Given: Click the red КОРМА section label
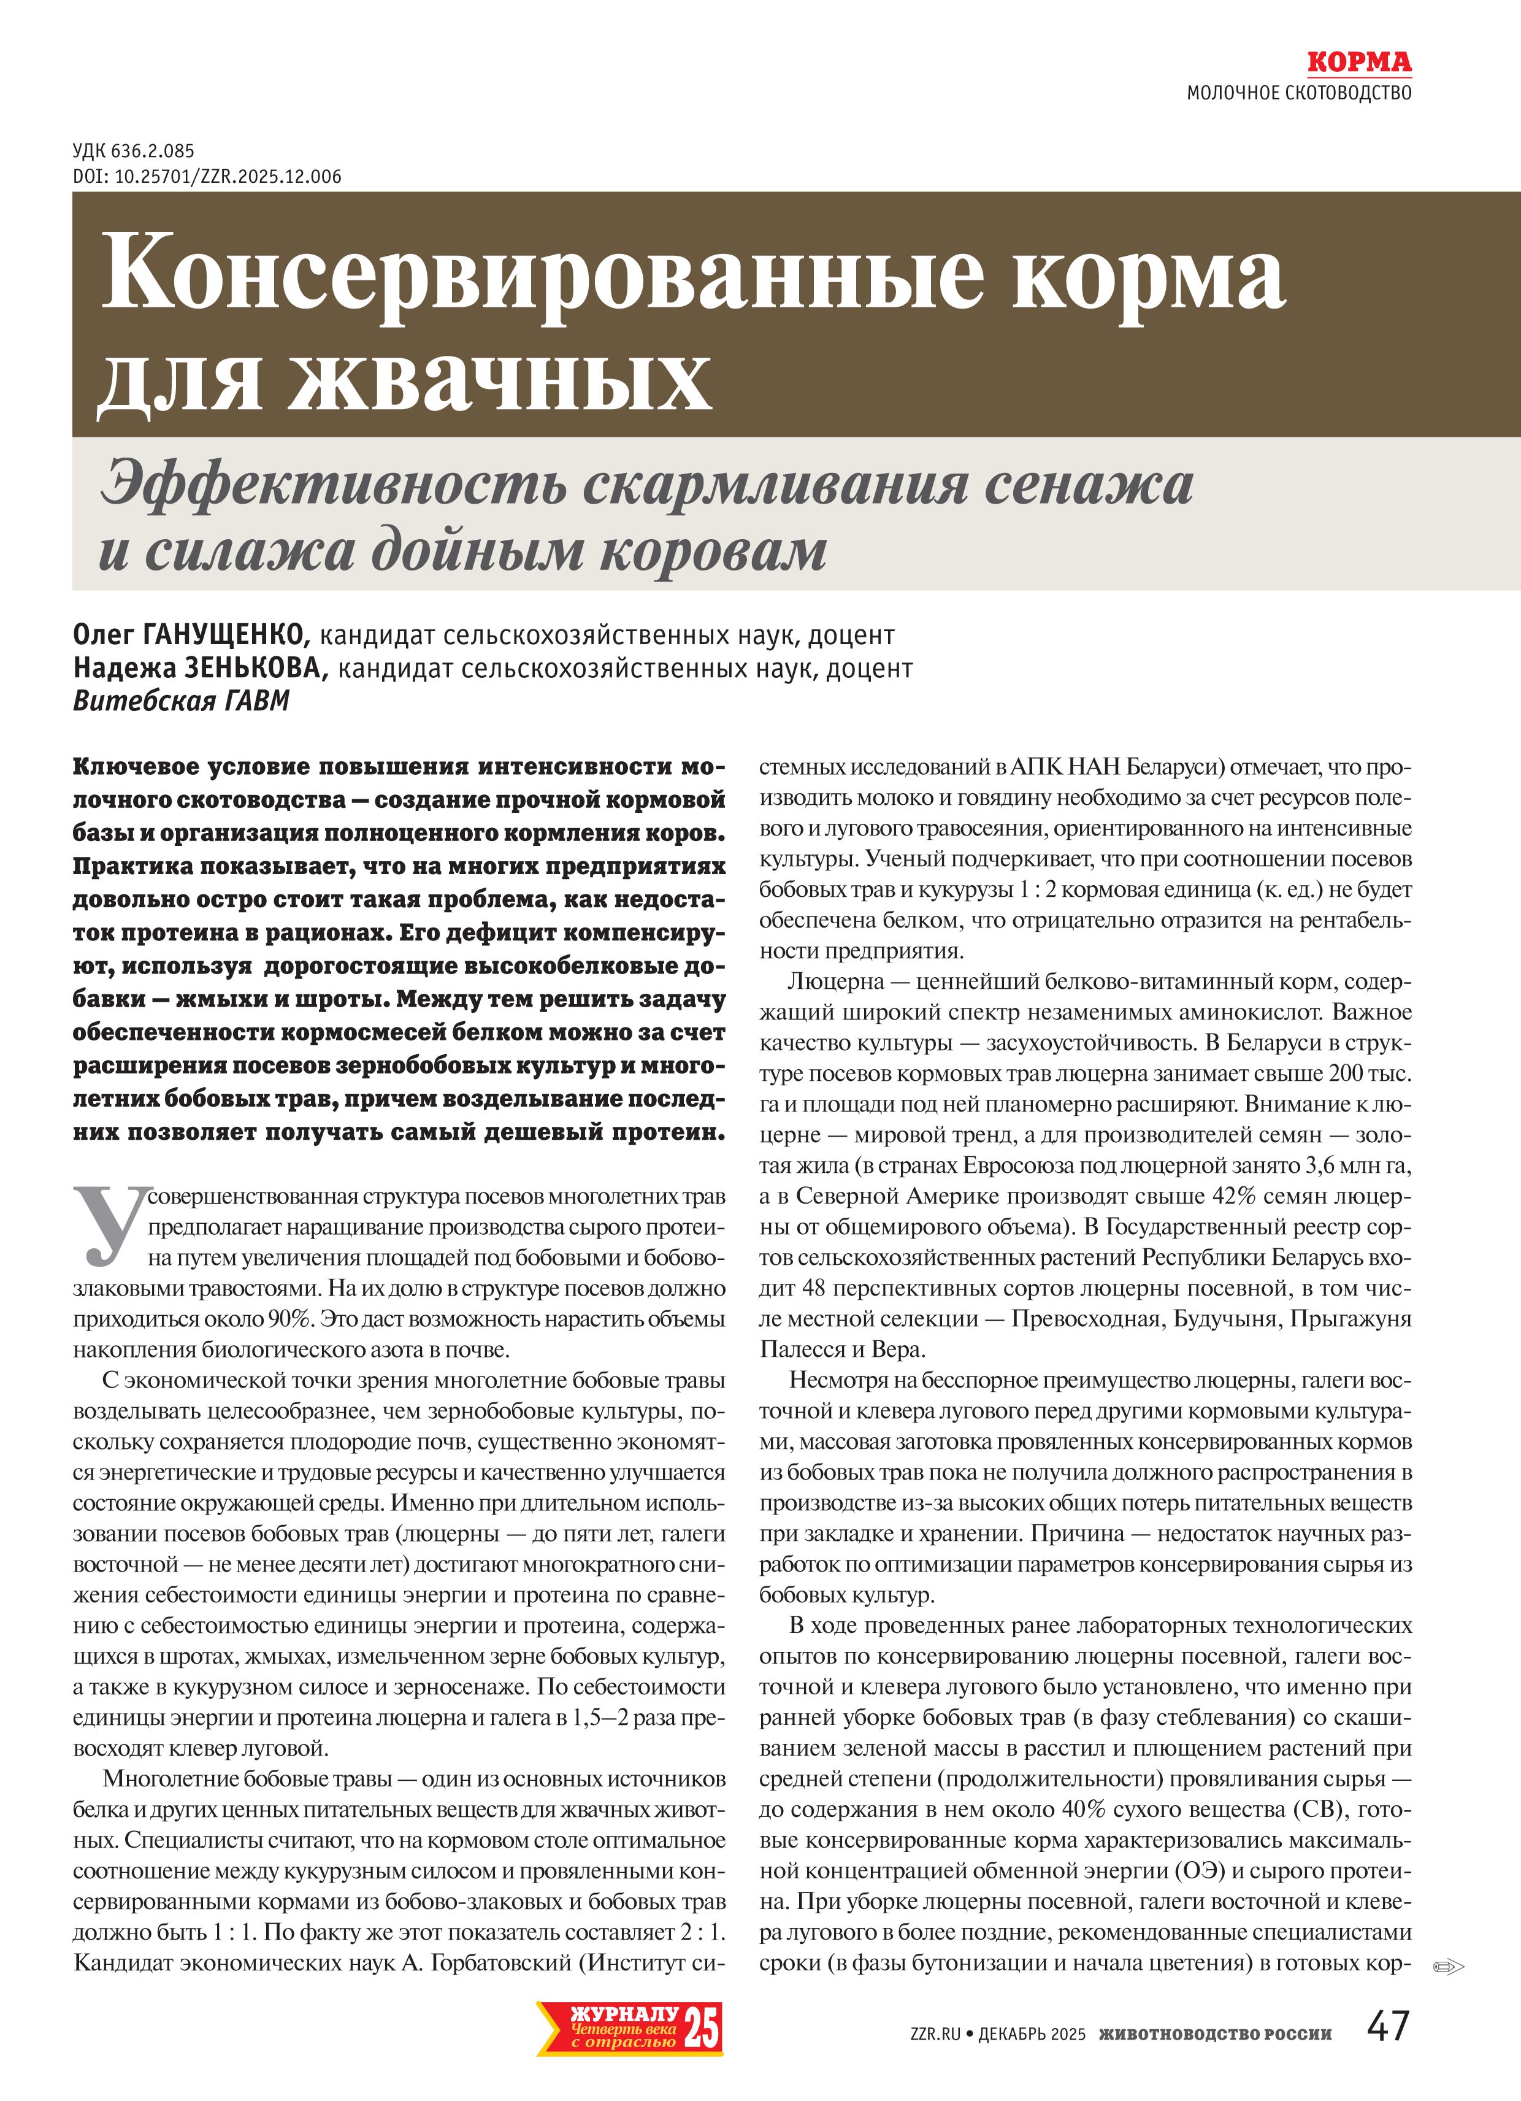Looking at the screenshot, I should (x=1359, y=63).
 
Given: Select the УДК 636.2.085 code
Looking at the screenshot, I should (x=133, y=151).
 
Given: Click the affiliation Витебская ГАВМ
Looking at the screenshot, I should (x=181, y=701).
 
